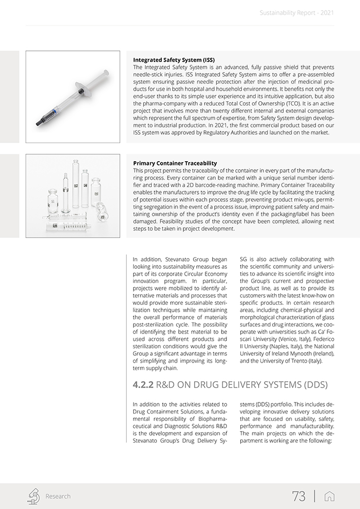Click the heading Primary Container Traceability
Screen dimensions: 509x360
(174, 163)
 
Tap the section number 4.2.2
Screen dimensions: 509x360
(143, 384)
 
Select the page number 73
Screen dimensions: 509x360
(298, 496)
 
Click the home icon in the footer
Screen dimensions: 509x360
(329, 496)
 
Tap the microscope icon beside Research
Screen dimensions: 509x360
(33, 496)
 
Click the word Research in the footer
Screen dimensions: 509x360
(58, 496)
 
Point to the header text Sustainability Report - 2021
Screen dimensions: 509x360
(297, 12)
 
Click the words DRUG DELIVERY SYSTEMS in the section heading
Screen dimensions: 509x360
(257, 384)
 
